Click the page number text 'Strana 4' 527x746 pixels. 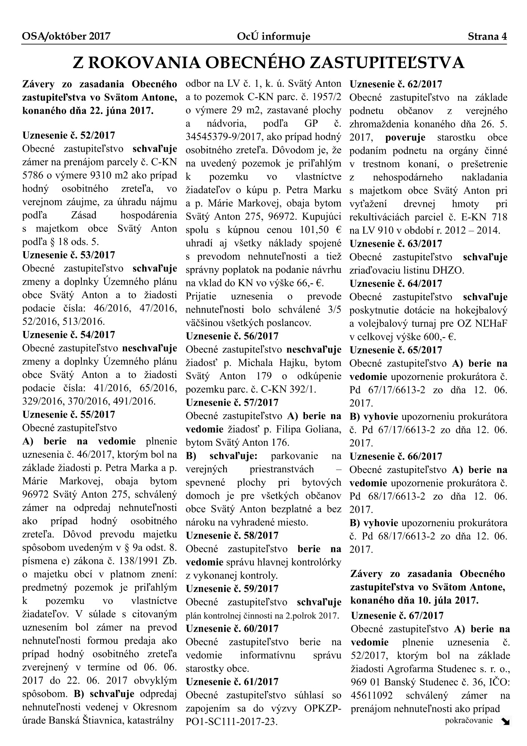point(487,36)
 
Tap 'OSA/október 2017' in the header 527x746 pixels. point(66,36)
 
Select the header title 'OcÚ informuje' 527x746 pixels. point(273,36)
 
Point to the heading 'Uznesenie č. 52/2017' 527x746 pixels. point(69,135)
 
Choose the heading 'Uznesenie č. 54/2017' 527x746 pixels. point(69,334)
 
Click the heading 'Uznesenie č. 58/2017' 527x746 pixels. point(232,535)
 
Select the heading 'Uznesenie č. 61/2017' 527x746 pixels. point(232,682)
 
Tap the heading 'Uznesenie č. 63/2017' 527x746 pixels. point(396,244)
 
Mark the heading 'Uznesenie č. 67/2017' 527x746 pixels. point(397,615)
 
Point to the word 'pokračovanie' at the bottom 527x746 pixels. point(469,720)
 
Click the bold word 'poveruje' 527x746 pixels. point(405,138)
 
